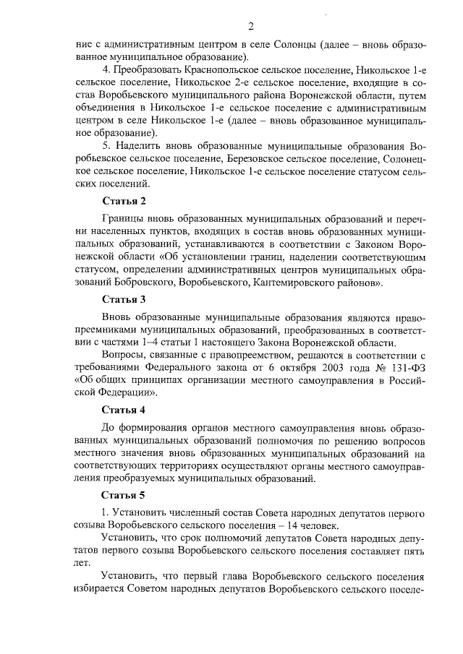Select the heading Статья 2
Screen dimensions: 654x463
coord(124,201)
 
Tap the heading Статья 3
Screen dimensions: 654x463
coord(124,299)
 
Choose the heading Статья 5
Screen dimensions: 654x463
coord(124,495)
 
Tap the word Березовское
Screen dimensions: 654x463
coord(235,158)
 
